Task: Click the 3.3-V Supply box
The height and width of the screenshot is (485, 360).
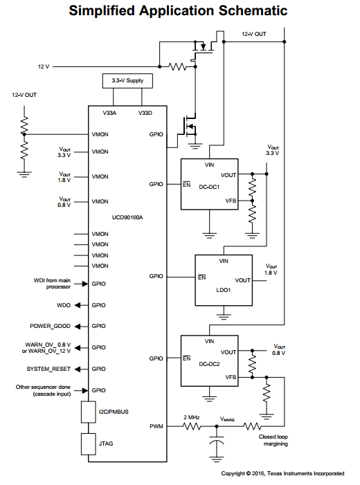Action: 127,81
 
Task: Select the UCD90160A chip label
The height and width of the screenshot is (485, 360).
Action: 127,217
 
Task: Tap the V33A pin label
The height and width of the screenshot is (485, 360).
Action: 109,113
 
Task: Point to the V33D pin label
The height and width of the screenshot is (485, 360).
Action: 145,113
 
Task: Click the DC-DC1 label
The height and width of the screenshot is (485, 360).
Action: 209,187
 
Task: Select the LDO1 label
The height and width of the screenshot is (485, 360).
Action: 224,290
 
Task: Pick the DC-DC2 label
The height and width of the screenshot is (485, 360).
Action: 209,364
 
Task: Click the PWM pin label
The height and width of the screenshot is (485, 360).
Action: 156,426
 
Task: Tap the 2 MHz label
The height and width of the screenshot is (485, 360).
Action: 192,417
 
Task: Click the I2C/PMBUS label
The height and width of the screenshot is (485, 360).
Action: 114,412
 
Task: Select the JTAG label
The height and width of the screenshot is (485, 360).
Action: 106,443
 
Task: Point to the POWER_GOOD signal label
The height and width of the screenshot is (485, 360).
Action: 50,326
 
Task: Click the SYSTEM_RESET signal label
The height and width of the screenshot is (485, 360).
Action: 48,369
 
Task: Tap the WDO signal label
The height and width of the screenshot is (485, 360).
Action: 64,305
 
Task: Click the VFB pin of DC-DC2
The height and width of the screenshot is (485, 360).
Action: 231,377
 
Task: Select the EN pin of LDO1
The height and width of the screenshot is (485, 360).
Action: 202,277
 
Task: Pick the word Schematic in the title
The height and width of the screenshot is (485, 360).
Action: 253,11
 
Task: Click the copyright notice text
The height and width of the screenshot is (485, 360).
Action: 282,473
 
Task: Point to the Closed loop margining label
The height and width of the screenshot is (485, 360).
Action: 273,440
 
